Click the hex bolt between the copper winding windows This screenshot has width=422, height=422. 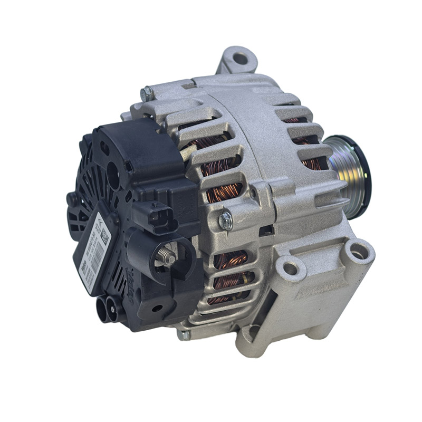[226, 220]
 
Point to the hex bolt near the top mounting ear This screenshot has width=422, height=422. [147, 94]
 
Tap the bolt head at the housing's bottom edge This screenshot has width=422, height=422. [184, 334]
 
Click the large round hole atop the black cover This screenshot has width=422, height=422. [113, 172]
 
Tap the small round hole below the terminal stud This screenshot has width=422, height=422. [156, 308]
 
